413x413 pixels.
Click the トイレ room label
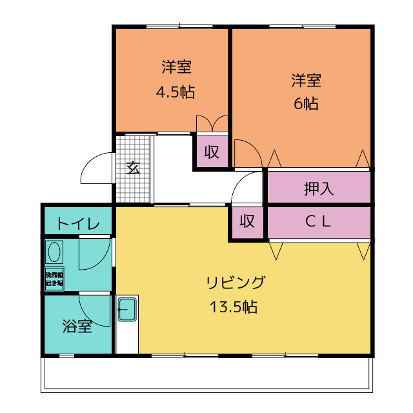78,224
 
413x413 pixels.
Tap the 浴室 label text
77,327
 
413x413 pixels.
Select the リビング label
236,283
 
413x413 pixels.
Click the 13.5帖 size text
233,307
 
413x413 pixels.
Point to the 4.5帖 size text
176,92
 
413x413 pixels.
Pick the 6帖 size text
306,103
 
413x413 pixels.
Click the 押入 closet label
319,189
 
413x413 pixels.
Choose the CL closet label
318,221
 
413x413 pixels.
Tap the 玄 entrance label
132,168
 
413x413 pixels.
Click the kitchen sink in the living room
126,310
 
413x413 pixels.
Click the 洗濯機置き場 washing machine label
54,279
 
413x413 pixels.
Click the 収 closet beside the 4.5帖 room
212,152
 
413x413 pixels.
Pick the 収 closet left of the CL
247,221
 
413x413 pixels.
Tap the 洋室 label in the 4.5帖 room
176,67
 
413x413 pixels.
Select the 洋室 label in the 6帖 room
306,81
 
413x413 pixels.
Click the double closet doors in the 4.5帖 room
212,123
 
